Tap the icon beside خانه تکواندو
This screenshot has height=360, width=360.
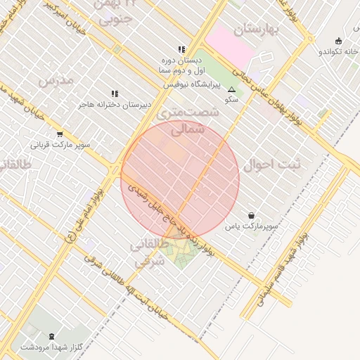[340, 40]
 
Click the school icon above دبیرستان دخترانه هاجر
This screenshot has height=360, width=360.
[115, 93]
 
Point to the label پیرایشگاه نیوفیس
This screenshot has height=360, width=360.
[192, 84]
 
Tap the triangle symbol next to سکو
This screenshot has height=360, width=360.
[231, 89]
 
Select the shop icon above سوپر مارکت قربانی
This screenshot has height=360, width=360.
[60, 135]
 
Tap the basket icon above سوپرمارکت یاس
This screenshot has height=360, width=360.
[252, 214]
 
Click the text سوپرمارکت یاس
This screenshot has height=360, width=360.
[252, 226]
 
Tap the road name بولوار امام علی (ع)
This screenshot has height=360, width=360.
[84, 214]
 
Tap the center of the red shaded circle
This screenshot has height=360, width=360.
[180, 179]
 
